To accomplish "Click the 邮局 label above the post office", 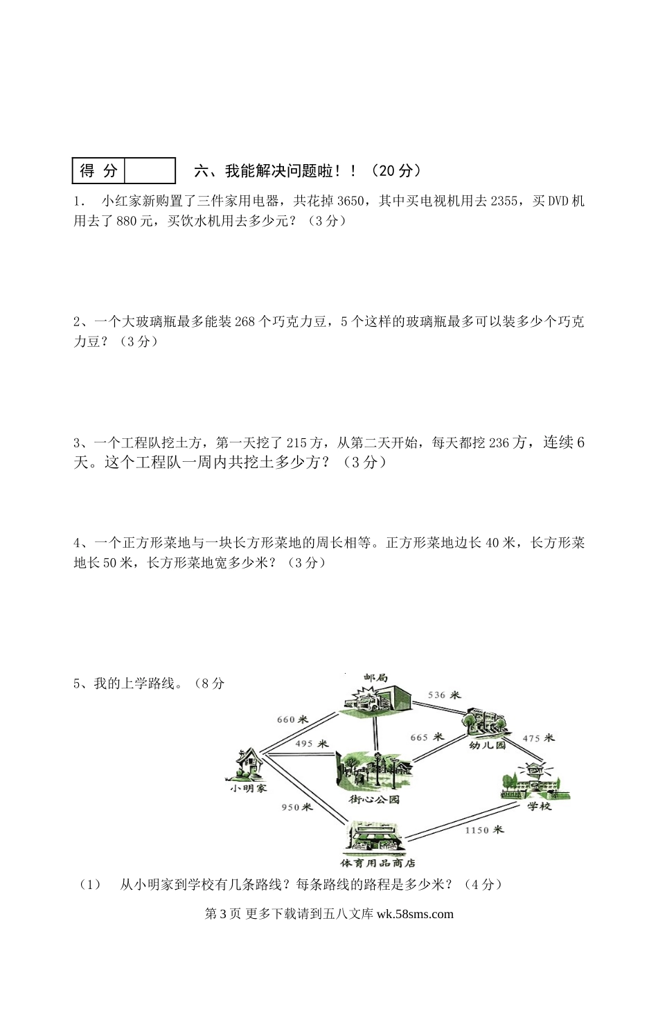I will click(x=375, y=676).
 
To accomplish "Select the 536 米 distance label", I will click(x=444, y=694).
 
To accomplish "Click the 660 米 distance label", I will click(x=292, y=719).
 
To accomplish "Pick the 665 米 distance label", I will click(x=427, y=737).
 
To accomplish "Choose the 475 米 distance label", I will click(x=538, y=738).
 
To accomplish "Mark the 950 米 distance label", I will click(x=296, y=807).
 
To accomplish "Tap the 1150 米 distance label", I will click(x=484, y=830).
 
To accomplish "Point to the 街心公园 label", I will click(x=374, y=800).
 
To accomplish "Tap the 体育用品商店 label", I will click(x=377, y=863).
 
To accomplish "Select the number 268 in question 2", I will click(x=246, y=321).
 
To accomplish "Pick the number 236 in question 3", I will click(x=499, y=442).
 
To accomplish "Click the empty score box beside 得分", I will click(x=149, y=170).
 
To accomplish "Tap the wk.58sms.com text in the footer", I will click(x=415, y=914).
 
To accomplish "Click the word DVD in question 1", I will click(x=559, y=201).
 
